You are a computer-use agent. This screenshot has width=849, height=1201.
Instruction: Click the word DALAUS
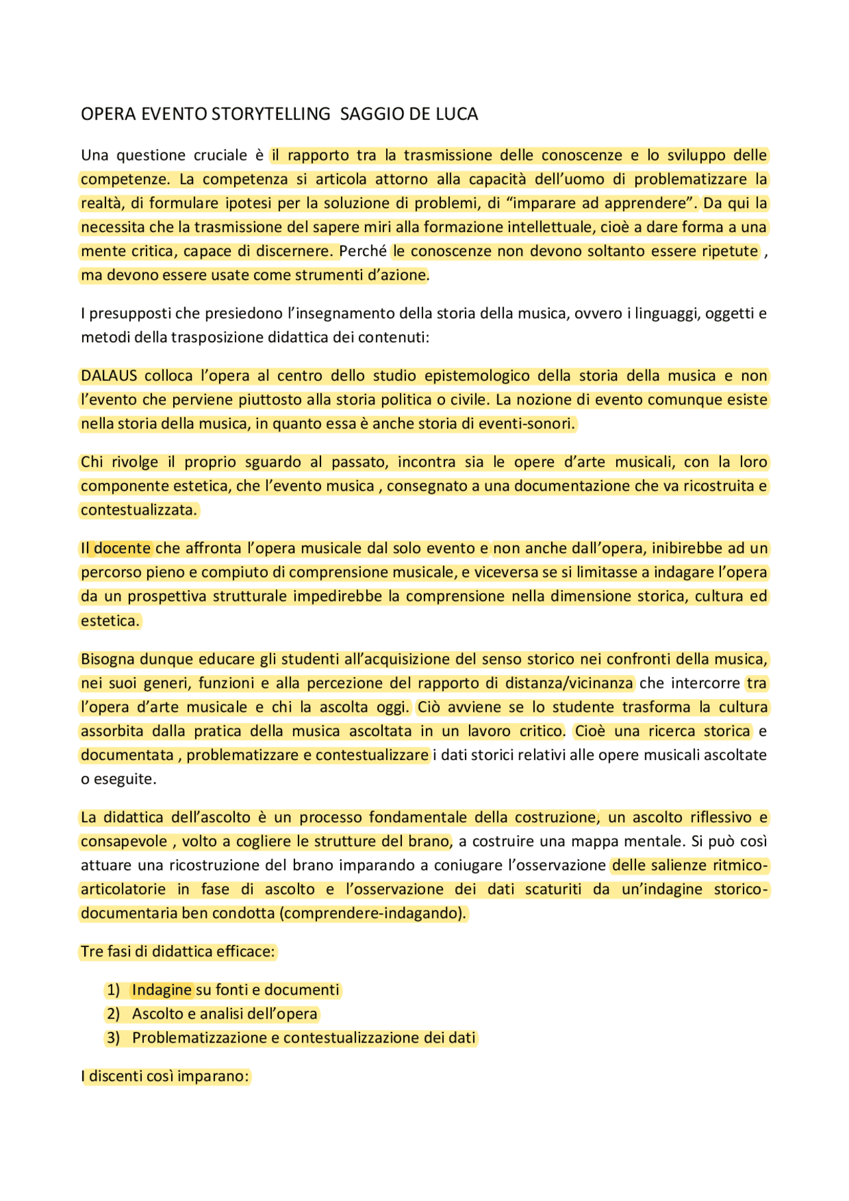109,376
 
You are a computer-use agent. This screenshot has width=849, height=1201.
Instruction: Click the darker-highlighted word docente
122,548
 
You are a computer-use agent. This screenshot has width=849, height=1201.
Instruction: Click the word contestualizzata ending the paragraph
139,510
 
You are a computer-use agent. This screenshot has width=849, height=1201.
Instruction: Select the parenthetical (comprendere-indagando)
373,913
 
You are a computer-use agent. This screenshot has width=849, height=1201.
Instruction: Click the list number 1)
113,990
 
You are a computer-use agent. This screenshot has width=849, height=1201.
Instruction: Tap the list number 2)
113,1014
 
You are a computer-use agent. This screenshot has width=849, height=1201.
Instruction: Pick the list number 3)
113,1038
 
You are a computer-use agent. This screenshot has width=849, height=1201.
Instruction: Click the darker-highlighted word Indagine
162,990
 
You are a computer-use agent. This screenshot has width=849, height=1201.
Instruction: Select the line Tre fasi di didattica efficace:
177,952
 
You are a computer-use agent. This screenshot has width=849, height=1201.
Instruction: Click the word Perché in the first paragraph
363,251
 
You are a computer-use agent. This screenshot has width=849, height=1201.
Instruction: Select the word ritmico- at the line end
740,865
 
